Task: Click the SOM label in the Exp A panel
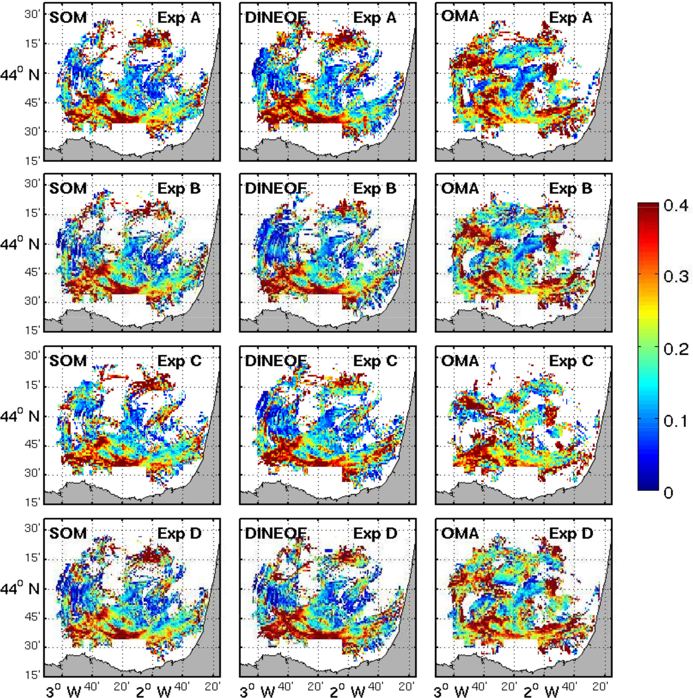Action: click(68, 18)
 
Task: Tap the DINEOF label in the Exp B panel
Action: click(275, 188)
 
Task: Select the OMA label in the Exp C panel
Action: click(460, 360)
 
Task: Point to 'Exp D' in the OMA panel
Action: click(571, 533)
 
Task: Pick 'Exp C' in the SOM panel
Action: click(179, 360)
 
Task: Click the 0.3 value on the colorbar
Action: click(676, 277)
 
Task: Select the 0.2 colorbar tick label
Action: click(676, 350)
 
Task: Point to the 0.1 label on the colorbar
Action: click(676, 421)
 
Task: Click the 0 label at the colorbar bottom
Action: click(668, 493)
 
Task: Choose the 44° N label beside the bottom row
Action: click(19, 589)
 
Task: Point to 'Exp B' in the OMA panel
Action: click(571, 188)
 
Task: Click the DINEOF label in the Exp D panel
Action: click(275, 533)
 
